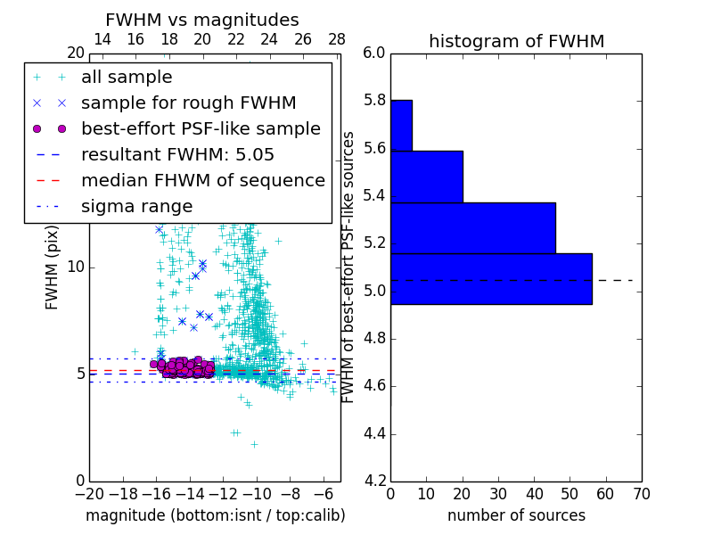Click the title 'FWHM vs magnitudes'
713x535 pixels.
(x=202, y=20)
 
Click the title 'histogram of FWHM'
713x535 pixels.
(x=516, y=41)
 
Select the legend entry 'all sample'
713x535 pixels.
(x=127, y=78)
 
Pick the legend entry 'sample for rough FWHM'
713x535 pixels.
(x=188, y=103)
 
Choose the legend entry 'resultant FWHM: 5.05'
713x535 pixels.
(x=177, y=154)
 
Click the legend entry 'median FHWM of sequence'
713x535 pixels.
(x=202, y=180)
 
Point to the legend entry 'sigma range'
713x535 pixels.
(x=136, y=206)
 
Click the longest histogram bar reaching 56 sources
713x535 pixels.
(x=491, y=279)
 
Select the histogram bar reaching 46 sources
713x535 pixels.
(x=472, y=228)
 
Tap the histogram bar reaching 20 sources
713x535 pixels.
(x=426, y=177)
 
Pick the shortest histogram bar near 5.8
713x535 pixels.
(x=401, y=126)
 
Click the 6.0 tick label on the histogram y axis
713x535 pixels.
(x=374, y=53)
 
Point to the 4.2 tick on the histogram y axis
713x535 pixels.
(x=374, y=481)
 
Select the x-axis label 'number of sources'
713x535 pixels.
(x=516, y=515)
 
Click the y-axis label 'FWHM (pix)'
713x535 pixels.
(x=53, y=267)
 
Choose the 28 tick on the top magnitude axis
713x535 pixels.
(x=337, y=39)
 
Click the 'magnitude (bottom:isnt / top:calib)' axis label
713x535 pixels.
(x=215, y=515)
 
